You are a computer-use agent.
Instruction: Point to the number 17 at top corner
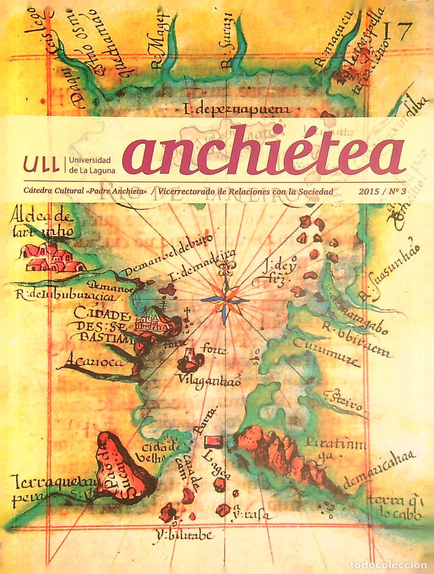[x=398, y=33]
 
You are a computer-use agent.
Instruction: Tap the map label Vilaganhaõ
[x=208, y=380]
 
